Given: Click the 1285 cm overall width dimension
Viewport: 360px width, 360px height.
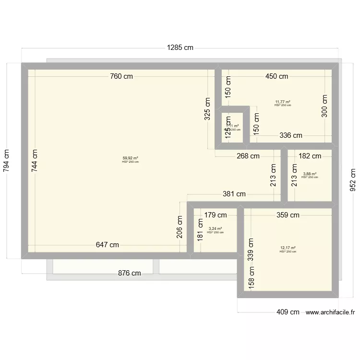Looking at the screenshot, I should pos(180,48).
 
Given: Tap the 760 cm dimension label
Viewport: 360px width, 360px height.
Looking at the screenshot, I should pos(121,76).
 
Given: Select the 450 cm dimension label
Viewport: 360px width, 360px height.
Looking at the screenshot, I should pos(276,76).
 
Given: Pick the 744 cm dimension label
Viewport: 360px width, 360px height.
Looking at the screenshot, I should pos(35,160).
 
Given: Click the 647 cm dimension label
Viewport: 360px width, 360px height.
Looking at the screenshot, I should pos(107,245).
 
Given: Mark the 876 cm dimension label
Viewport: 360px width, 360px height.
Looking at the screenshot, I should pos(130,273).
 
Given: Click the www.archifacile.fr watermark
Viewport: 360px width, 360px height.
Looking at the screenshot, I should pos(330,312).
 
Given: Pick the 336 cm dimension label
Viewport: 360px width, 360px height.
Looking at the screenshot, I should pos(291,135).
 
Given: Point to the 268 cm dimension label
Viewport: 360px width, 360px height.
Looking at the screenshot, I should pos(248,156).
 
